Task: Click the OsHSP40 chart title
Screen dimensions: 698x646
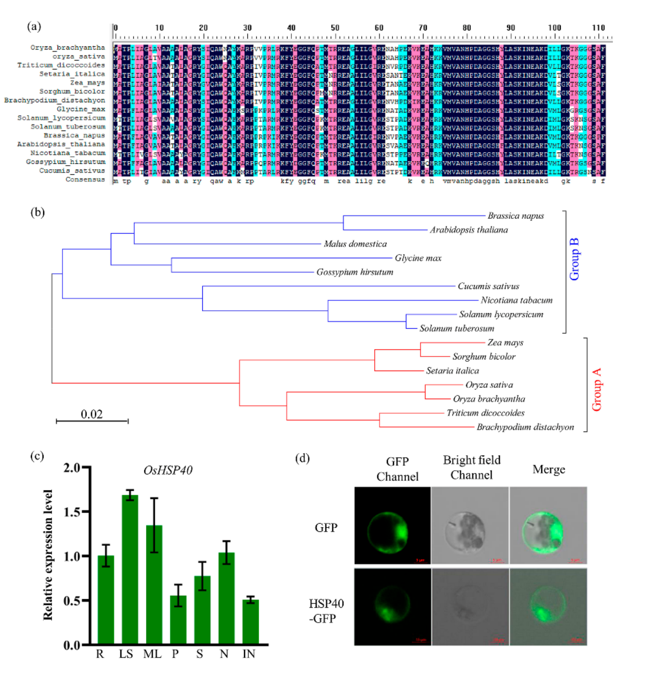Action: [x=168, y=470]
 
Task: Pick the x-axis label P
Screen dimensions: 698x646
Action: [x=175, y=654]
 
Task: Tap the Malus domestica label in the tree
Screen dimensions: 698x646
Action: [x=355, y=244]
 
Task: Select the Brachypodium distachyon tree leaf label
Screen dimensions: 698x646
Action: [x=525, y=427]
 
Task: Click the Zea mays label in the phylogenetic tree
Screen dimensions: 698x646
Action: [x=505, y=342]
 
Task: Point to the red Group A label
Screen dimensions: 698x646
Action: [x=596, y=389]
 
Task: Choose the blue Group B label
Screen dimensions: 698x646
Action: [x=574, y=259]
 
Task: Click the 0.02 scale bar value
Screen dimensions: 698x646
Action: [x=92, y=414]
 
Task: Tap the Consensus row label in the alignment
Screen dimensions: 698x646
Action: [x=85, y=179]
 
